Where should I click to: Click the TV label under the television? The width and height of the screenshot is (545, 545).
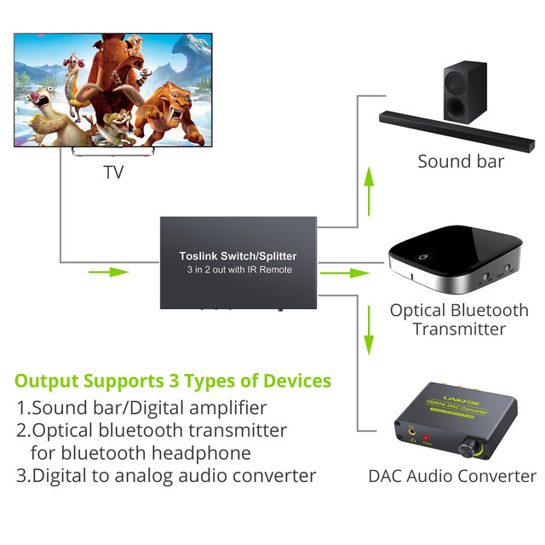pos(113,173)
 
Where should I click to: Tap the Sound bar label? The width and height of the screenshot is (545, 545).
pos(461,161)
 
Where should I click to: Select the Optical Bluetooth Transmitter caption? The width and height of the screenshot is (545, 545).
pos(459,319)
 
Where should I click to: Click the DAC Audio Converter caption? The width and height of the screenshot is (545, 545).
pos(452,476)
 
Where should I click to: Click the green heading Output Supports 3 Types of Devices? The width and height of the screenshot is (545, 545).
pos(173,380)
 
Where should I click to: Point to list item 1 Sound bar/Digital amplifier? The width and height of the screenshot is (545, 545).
pos(141,408)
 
